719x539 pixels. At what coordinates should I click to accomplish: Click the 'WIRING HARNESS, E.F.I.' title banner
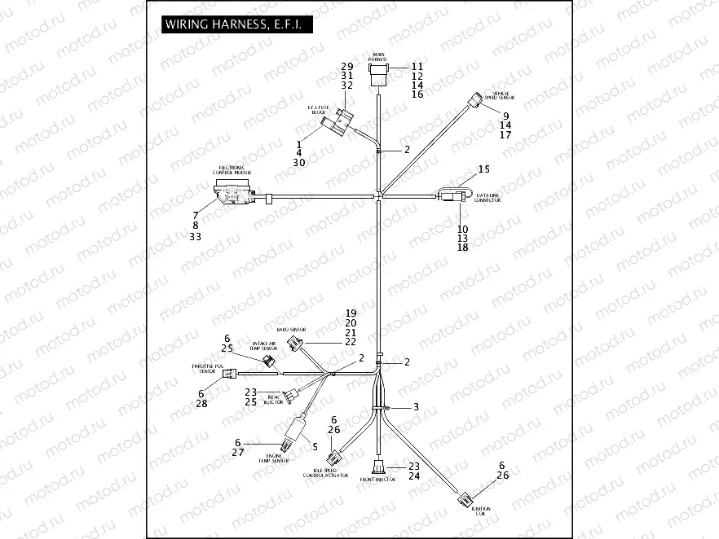pos(233,24)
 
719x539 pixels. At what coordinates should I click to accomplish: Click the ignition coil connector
pos(464,498)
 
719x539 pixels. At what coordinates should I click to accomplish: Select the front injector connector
pos(379,467)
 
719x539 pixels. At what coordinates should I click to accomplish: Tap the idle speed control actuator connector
pos(334,460)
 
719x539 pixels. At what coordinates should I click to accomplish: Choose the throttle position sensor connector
pos(234,375)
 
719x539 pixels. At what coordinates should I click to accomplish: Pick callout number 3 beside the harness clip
pos(416,406)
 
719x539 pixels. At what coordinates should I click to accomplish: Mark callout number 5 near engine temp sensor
pos(315,446)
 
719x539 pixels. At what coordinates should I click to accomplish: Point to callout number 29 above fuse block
pos(346,66)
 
